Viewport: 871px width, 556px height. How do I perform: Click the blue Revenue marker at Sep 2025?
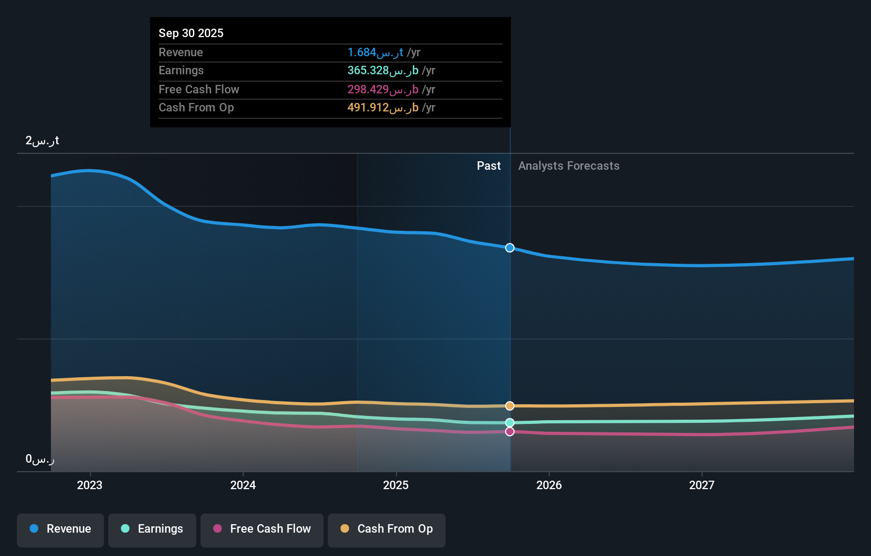[x=510, y=248]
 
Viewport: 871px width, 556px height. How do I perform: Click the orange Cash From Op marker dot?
[x=510, y=406]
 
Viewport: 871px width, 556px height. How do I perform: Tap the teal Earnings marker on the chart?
[x=510, y=423]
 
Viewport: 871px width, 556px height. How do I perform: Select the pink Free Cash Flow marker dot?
[x=510, y=432]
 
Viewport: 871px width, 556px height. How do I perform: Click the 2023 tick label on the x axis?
[x=90, y=485]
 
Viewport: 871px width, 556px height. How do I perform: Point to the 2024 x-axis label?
[x=243, y=485]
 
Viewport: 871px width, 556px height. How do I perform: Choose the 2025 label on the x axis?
[x=396, y=485]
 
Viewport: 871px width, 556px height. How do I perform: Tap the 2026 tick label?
[x=549, y=485]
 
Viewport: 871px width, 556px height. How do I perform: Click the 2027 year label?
[x=702, y=485]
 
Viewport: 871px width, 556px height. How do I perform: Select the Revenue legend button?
[x=60, y=529]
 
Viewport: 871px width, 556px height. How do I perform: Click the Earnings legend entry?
[x=152, y=529]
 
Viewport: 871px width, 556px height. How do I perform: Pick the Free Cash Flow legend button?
[x=262, y=529]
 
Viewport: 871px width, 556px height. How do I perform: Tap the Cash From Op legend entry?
[x=387, y=529]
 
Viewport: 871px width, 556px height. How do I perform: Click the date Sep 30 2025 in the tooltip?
[x=191, y=33]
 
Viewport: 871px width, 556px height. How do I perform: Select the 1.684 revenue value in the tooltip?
[x=375, y=53]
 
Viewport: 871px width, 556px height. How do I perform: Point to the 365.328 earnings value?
[x=382, y=71]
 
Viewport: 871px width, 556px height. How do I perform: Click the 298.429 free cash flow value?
[x=382, y=90]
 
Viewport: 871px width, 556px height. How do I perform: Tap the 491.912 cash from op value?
[x=382, y=108]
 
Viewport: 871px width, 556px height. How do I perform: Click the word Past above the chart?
[x=489, y=166]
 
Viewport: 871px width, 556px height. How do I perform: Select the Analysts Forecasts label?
[x=569, y=166]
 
